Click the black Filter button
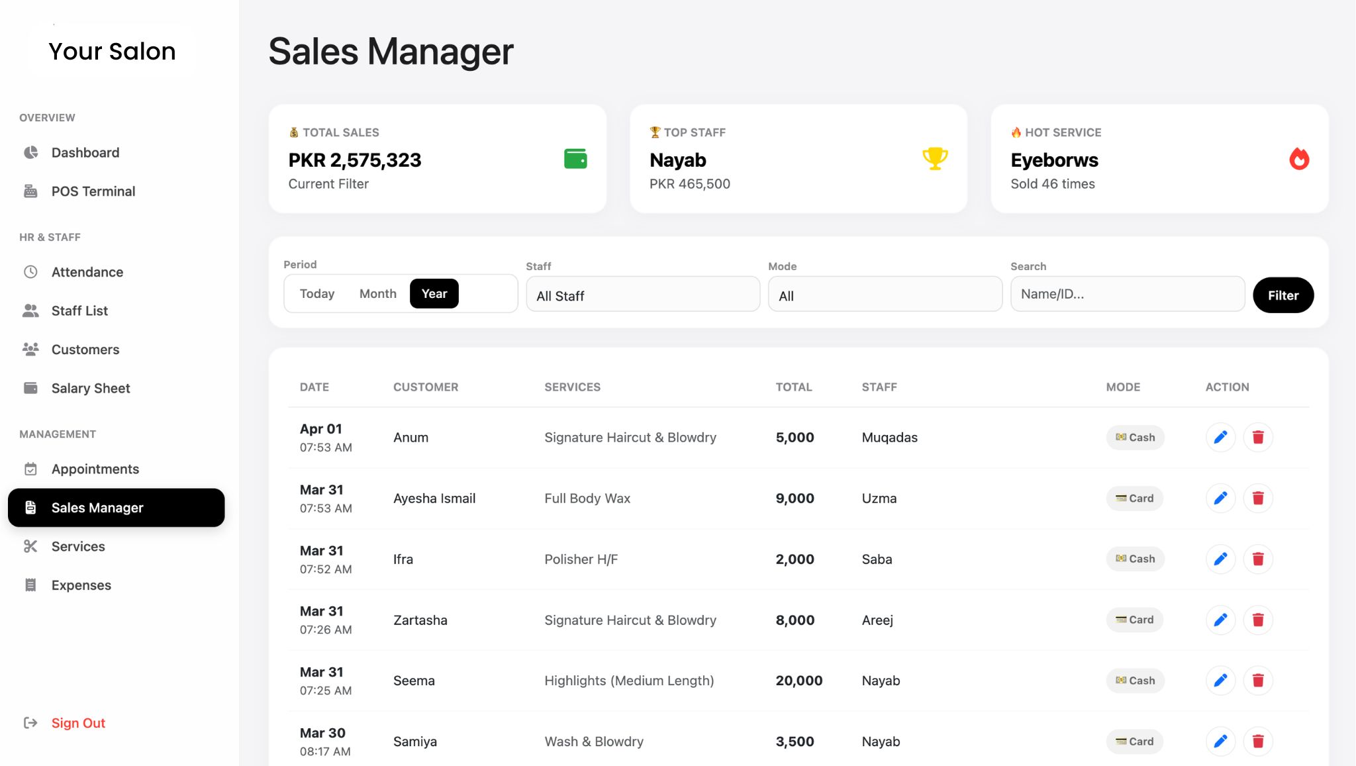click(x=1283, y=295)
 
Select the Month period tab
click(x=377, y=294)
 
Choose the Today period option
click(x=316, y=294)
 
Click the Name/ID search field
click(x=1127, y=294)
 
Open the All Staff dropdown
click(x=642, y=295)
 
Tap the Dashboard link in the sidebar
click(x=85, y=153)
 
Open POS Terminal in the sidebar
click(x=93, y=191)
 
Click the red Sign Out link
click(x=78, y=723)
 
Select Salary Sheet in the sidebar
click(x=90, y=389)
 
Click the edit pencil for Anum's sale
click(x=1220, y=438)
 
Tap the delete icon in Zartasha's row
click(x=1258, y=620)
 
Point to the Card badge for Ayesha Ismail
click(x=1134, y=499)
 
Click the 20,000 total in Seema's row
click(x=799, y=681)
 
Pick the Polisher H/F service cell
click(x=581, y=559)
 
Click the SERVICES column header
click(x=572, y=387)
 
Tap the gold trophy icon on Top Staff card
click(x=935, y=159)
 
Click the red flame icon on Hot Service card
click(x=1298, y=159)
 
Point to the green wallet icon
click(x=575, y=159)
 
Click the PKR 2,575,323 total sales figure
click(x=354, y=160)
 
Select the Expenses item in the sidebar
click(x=81, y=585)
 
